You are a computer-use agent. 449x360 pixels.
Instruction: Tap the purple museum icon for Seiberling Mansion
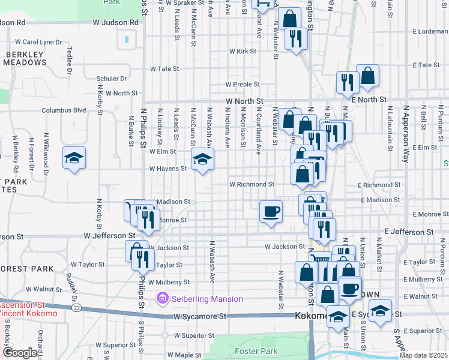click(161, 298)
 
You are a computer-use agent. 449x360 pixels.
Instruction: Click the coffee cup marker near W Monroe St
click(271, 212)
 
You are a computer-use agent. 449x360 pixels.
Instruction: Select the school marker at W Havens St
click(203, 160)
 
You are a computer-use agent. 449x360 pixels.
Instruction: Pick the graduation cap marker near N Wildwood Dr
click(74, 159)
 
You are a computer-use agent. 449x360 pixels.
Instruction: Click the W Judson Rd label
click(116, 22)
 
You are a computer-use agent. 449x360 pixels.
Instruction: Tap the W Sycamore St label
click(200, 316)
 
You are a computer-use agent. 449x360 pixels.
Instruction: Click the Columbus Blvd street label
click(64, 110)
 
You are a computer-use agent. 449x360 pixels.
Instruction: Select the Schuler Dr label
click(112, 79)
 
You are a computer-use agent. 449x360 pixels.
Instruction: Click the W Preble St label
click(243, 85)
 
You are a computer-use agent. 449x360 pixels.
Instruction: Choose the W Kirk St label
click(243, 52)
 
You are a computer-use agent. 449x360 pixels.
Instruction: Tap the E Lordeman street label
click(427, 31)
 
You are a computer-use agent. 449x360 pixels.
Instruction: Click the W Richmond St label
click(252, 184)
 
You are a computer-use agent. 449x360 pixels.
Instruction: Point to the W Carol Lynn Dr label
click(38, 43)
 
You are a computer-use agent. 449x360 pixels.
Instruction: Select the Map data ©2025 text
click(423, 355)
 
